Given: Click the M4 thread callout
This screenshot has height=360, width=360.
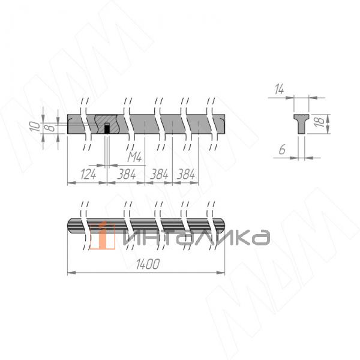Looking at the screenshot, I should coord(136,157).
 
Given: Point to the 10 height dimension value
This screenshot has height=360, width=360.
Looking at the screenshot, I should coord(37,125).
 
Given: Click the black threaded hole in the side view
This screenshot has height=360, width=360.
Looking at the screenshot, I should coord(107,128).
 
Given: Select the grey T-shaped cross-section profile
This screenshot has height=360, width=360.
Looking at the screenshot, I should coord(301,122).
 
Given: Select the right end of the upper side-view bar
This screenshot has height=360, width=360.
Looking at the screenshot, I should coord(223,124).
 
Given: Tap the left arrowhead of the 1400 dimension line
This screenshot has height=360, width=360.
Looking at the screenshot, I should coord(69,273).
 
